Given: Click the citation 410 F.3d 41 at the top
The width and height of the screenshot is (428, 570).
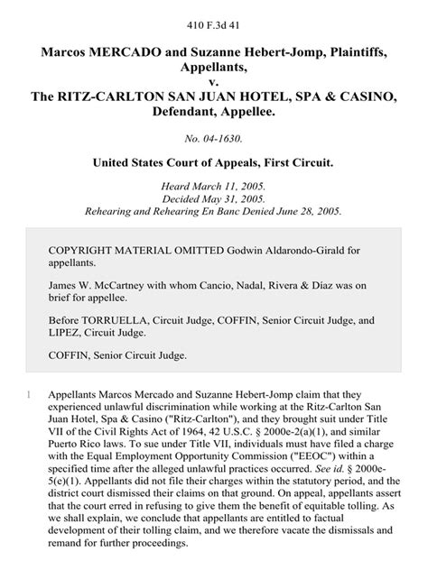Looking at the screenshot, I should (x=214, y=14).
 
